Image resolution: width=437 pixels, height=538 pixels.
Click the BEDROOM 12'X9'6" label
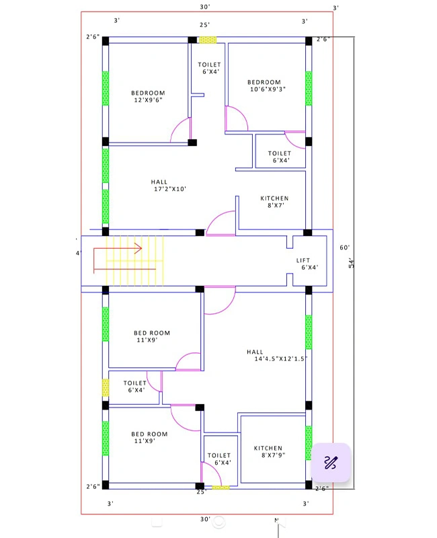[x=148, y=97]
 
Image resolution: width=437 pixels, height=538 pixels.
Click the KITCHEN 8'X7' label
[x=274, y=202]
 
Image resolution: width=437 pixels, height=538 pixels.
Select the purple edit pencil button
[x=330, y=462]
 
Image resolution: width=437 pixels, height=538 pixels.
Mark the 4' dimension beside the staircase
[x=78, y=254]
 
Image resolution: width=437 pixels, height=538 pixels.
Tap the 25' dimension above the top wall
[x=204, y=24]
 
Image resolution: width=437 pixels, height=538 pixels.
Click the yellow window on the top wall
[x=207, y=40]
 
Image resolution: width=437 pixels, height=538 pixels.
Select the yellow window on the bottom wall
[x=221, y=487]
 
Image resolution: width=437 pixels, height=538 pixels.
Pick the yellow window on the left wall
[x=106, y=387]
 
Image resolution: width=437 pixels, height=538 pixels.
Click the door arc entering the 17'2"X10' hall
[x=221, y=225]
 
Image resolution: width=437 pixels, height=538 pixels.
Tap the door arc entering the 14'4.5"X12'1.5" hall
[x=220, y=301]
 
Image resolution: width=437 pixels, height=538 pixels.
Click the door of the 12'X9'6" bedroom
[x=181, y=131]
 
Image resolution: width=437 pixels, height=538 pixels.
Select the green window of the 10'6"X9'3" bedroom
[x=309, y=88]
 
